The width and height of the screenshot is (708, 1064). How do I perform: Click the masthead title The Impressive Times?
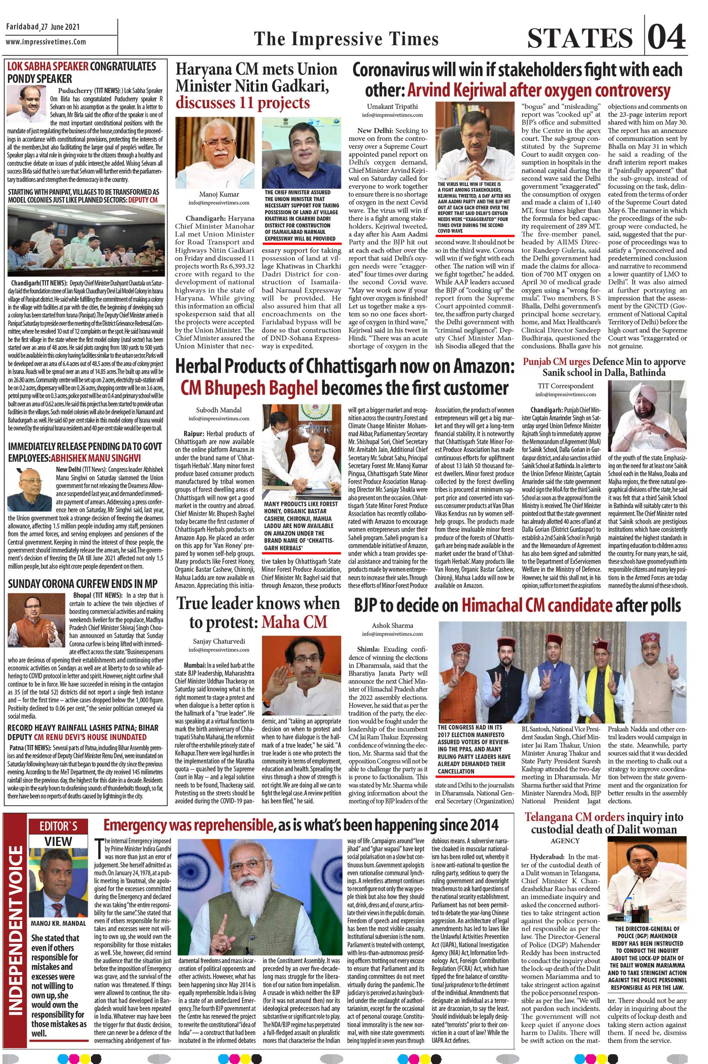(x=346, y=39)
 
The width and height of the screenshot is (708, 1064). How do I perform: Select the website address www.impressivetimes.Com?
(x=46, y=42)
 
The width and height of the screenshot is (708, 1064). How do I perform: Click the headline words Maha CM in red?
(x=294, y=622)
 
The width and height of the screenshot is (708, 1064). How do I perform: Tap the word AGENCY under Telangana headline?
(x=565, y=841)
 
